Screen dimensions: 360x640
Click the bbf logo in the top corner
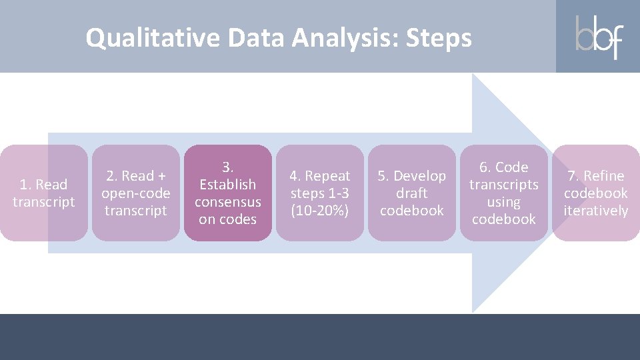[598, 37]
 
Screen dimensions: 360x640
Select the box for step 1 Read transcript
[44, 193]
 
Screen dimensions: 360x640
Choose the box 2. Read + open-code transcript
[136, 193]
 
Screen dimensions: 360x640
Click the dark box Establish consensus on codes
[228, 193]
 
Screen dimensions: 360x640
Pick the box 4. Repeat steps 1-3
[320, 193]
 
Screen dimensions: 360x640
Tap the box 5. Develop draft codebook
[412, 193]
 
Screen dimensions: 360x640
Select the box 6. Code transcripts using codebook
[504, 193]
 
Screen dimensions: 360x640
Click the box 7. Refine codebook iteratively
[595, 193]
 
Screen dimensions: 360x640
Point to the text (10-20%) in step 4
[320, 211]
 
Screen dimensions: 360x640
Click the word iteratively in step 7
[595, 211]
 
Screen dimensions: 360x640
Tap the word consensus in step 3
[228, 202]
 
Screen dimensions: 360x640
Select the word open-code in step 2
[136, 193]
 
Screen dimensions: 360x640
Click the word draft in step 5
[412, 193]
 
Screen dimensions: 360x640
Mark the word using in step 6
[504, 202]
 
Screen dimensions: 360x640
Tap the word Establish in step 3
[228, 185]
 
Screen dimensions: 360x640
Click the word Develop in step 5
[420, 176]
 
